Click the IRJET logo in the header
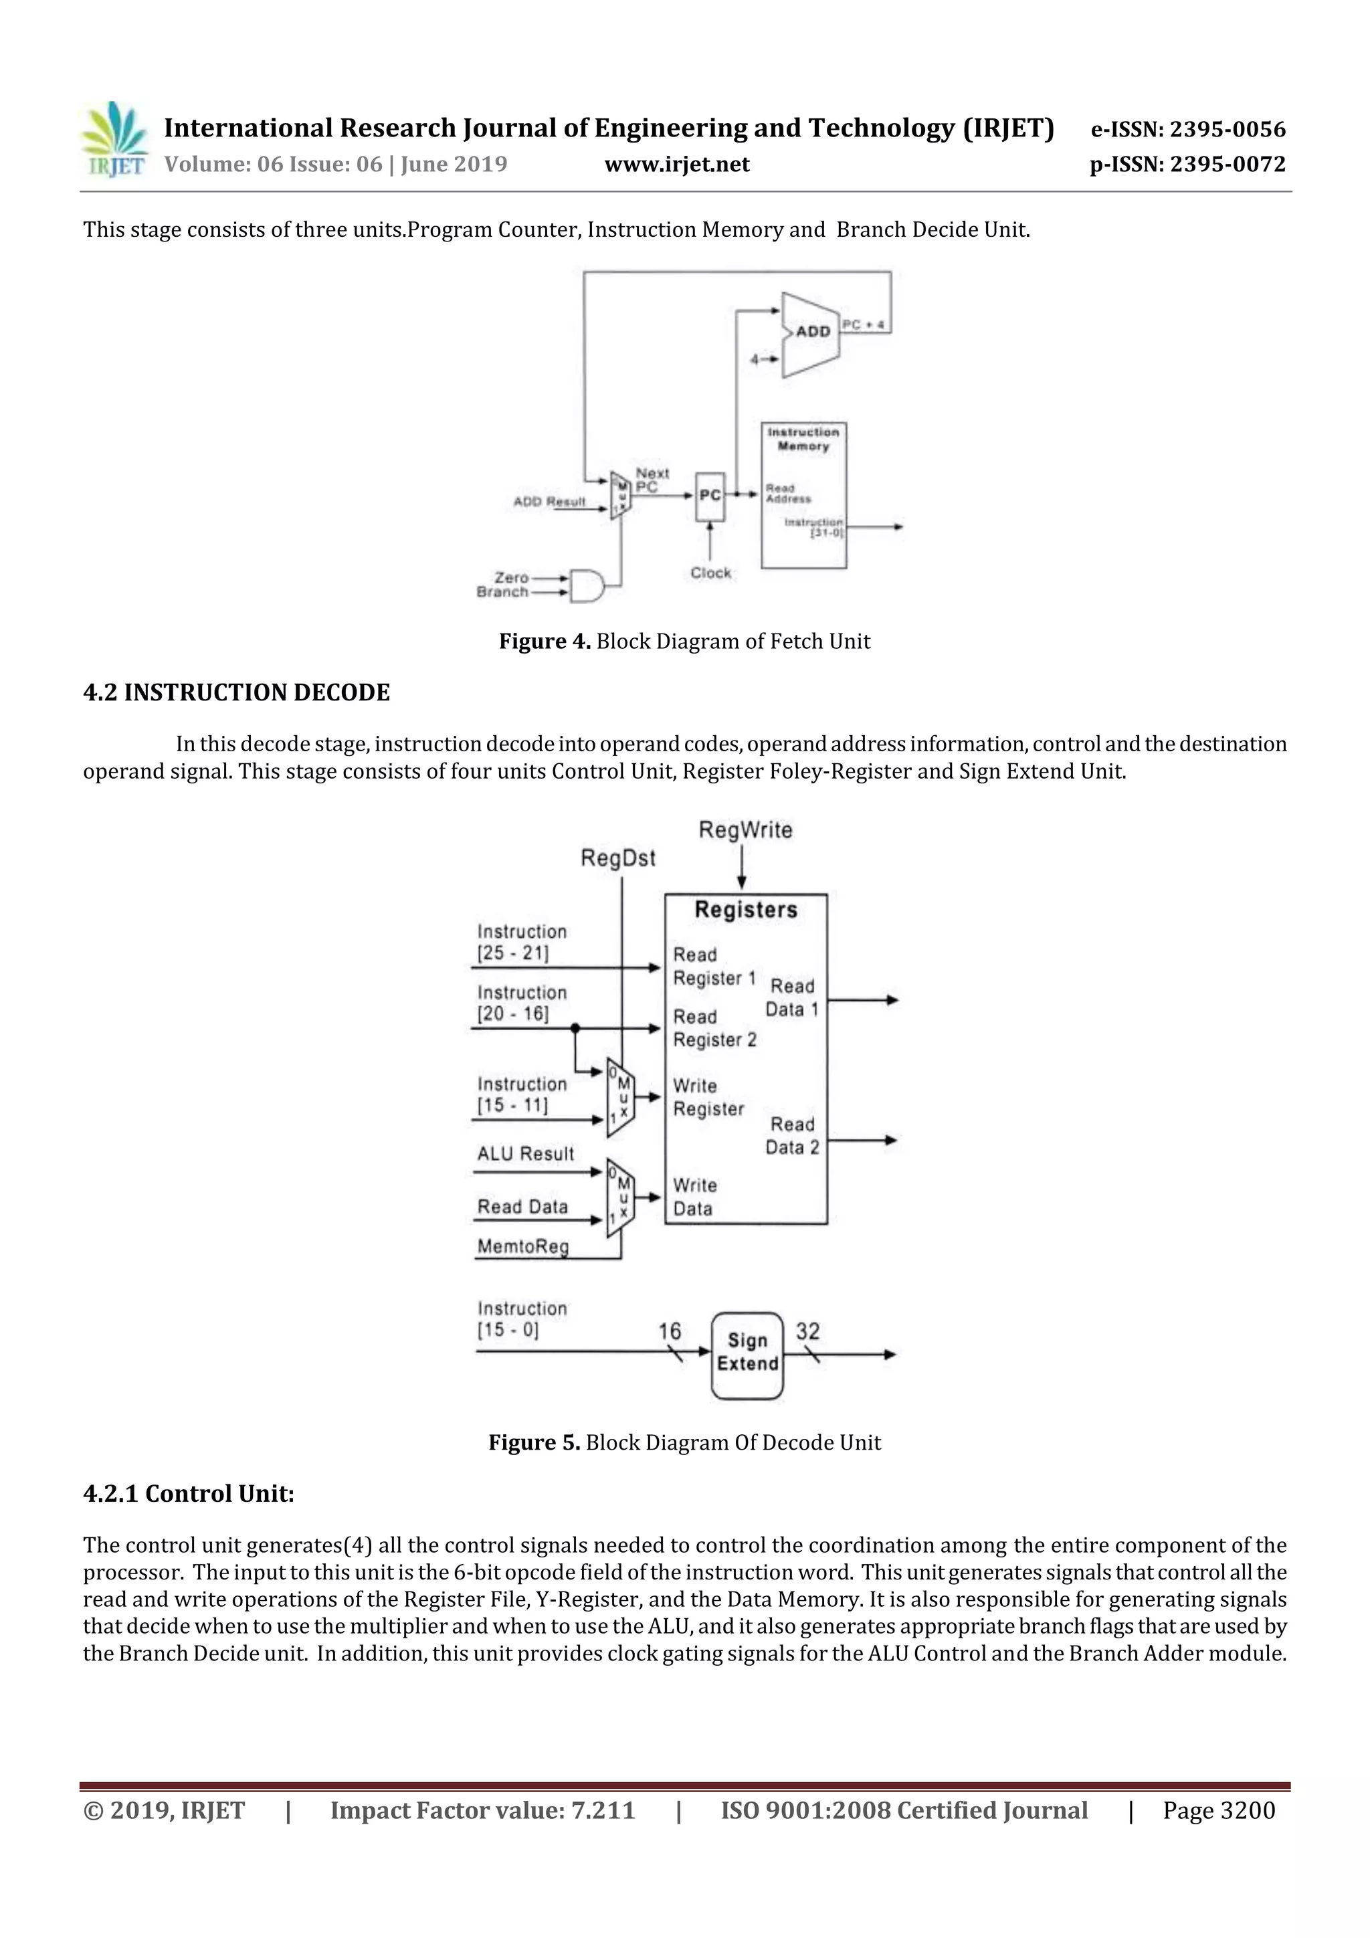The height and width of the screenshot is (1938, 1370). coord(114,139)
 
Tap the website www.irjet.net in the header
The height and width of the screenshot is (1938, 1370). coord(676,165)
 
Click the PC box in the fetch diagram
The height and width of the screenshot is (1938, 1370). coord(710,496)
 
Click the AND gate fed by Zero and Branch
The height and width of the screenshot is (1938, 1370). coord(587,585)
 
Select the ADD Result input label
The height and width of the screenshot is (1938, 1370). coord(549,501)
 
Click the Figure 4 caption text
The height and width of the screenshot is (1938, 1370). coord(684,642)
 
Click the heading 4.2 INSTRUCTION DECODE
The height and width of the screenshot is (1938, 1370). coord(236,693)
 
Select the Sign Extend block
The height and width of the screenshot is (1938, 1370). coord(747,1351)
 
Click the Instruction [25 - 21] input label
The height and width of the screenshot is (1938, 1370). coord(521,942)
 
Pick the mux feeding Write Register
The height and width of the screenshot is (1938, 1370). coord(620,1096)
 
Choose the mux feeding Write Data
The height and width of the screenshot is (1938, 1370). coord(620,1197)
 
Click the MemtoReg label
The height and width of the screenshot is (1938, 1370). coord(522,1247)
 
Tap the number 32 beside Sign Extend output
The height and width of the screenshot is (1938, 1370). coord(807,1331)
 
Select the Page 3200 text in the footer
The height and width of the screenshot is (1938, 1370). coord(1218,1810)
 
